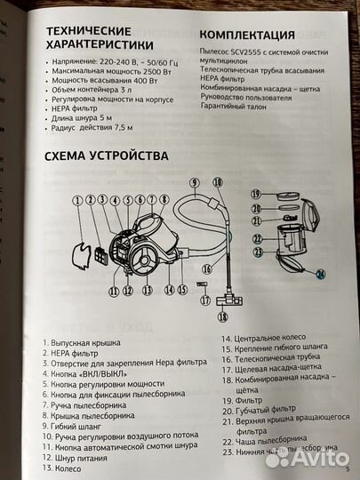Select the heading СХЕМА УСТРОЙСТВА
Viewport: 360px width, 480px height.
(x=105, y=157)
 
